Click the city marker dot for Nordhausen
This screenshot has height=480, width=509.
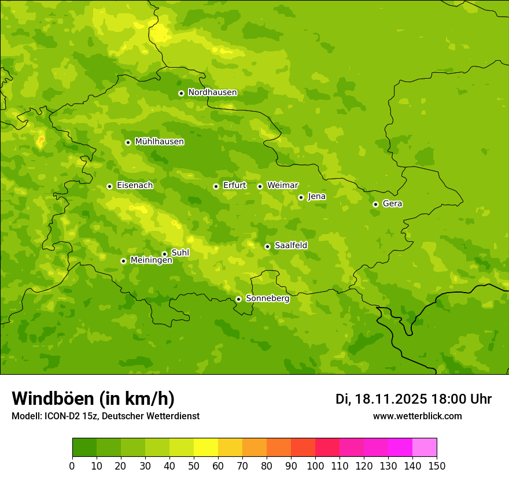point(181,93)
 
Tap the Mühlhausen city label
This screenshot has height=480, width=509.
point(159,142)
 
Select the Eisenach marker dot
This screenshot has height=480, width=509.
point(109,186)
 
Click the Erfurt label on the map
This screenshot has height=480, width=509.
point(234,186)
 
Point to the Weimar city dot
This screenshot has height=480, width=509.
point(260,186)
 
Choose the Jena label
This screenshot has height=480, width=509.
point(316,197)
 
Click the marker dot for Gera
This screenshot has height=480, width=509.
point(375,204)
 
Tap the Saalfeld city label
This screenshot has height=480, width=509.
point(290,246)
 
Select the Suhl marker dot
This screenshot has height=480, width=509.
point(164,254)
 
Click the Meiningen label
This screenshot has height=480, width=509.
point(151,261)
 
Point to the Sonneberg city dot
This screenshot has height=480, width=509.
point(238,299)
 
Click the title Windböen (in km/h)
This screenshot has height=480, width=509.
point(93,398)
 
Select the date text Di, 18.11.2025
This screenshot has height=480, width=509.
point(381,399)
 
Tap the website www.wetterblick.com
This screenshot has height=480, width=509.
point(417,416)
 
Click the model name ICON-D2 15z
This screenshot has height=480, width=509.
point(68,416)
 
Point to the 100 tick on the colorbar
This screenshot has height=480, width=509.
point(315,466)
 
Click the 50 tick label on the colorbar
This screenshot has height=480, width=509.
point(194,466)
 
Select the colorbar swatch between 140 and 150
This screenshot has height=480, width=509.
point(425,448)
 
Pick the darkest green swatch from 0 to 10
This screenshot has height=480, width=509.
point(84,448)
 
